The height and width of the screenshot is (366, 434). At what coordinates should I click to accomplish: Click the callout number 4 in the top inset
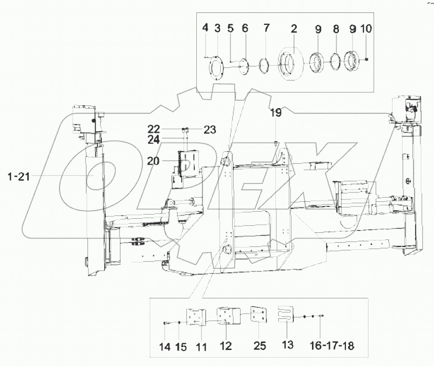(205, 28)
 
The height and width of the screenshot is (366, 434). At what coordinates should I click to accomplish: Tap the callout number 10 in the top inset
(366, 29)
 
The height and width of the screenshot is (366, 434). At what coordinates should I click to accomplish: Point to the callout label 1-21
(19, 176)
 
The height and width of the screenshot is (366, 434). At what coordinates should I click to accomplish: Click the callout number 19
(276, 112)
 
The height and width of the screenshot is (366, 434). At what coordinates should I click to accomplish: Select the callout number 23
(210, 130)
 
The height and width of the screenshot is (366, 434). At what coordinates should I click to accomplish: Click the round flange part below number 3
(217, 69)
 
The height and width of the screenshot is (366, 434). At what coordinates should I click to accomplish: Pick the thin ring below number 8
(335, 62)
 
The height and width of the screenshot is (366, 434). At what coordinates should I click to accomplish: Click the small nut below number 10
(367, 59)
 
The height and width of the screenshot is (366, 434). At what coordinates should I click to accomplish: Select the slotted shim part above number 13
(284, 317)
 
